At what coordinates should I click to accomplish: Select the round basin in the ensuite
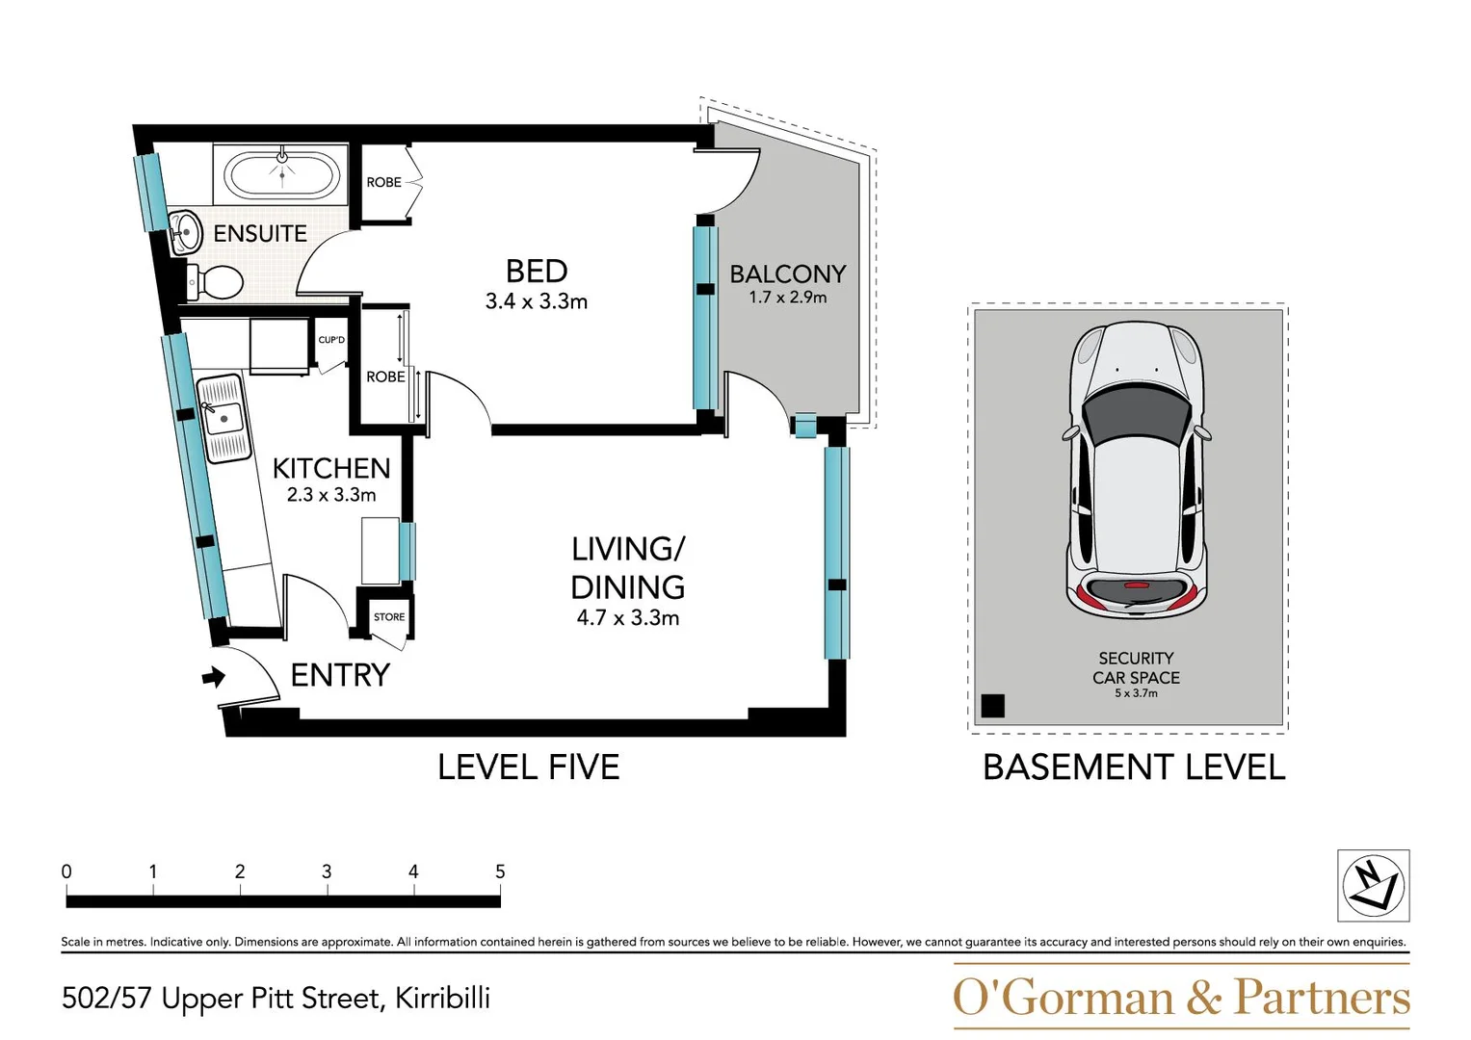pyautogui.click(x=185, y=232)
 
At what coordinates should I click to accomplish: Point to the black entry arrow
pyautogui.click(x=213, y=678)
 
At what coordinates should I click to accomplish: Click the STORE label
pyautogui.click(x=389, y=617)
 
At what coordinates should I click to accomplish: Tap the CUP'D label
pyautogui.click(x=331, y=340)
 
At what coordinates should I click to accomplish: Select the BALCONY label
pyautogui.click(x=787, y=274)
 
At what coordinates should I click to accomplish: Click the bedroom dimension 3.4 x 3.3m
pyautogui.click(x=537, y=301)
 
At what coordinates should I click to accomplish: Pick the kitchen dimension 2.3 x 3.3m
pyautogui.click(x=331, y=495)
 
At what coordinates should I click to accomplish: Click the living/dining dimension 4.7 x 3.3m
pyautogui.click(x=628, y=618)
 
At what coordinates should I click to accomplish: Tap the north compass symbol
pyautogui.click(x=1373, y=886)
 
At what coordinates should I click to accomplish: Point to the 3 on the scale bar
pyautogui.click(x=327, y=871)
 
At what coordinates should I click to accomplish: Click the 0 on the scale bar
pyautogui.click(x=66, y=871)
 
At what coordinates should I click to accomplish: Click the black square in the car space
pyautogui.click(x=992, y=706)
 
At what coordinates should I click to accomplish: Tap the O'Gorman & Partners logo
pyautogui.click(x=1181, y=998)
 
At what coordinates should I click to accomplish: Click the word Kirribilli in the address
pyautogui.click(x=442, y=999)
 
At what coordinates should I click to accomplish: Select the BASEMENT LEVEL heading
pyautogui.click(x=1134, y=767)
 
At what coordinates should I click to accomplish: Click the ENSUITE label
pyautogui.click(x=260, y=234)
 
